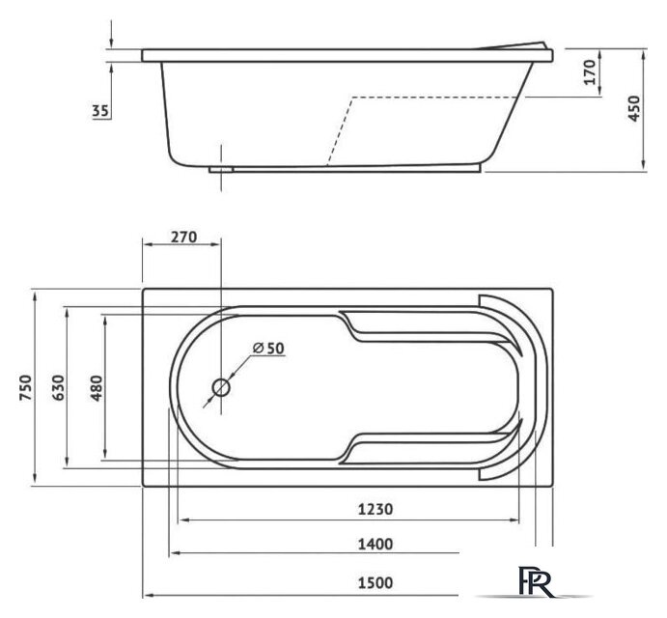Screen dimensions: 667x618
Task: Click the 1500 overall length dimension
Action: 375,582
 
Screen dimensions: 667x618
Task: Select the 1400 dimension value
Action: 375,544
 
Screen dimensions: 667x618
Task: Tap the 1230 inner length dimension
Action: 375,509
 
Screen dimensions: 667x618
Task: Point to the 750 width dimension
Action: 26,387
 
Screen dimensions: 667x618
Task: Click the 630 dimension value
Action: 59,387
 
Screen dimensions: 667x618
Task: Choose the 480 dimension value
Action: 97,388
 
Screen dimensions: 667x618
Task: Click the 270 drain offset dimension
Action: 183,237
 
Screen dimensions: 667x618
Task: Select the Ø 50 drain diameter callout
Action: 268,348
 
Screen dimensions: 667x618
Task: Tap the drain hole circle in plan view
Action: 221,387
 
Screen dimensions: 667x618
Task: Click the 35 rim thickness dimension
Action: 100,111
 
